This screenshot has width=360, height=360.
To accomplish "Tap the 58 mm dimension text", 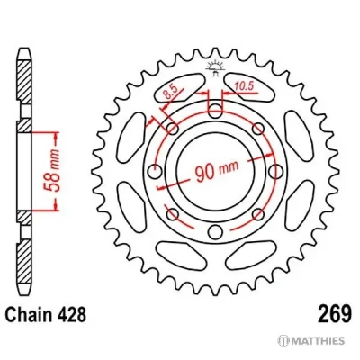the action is click(x=51, y=171).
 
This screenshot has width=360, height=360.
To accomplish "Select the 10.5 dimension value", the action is click(x=244, y=86).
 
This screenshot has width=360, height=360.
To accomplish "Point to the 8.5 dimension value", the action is click(x=169, y=93).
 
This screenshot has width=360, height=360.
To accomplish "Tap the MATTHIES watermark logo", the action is click(x=310, y=341).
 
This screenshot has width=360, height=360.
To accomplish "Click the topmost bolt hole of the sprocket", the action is click(x=214, y=112).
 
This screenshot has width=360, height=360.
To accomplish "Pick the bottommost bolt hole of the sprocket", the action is click(x=214, y=232).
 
